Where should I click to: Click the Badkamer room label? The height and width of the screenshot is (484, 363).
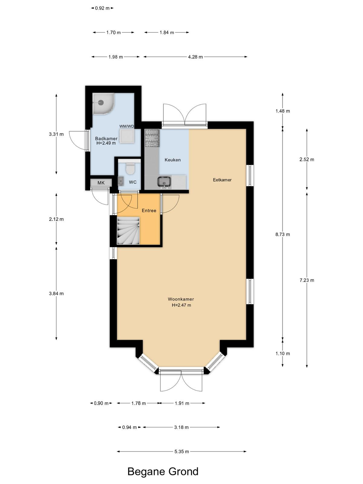[x=106, y=139]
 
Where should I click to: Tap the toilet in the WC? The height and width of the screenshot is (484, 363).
[x=130, y=168]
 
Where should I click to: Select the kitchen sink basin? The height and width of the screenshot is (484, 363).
[x=164, y=182]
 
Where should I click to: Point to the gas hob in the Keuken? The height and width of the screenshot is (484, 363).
[x=152, y=138]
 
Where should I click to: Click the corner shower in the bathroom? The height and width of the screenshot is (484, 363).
[x=103, y=104]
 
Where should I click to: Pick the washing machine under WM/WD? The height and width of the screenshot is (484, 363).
[x=127, y=136]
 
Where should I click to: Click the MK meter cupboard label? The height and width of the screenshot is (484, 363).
[x=101, y=183]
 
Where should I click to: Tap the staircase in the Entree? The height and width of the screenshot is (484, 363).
[x=128, y=231]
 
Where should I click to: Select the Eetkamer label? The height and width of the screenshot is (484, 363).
[x=222, y=180]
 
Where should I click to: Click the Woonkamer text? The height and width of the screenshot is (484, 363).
[x=181, y=299]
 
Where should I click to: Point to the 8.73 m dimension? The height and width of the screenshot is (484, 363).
[x=283, y=234]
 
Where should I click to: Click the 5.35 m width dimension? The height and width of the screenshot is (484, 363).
[x=181, y=451]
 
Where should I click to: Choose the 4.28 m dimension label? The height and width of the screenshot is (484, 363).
[x=195, y=57]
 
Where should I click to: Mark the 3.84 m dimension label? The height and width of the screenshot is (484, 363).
[x=56, y=293]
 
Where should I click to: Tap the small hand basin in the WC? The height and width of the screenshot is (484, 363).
[x=121, y=181]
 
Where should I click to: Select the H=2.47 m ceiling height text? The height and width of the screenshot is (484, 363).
[x=181, y=305]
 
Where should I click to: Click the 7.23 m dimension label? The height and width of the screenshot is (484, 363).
[x=307, y=280]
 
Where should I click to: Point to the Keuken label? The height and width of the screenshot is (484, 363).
[x=172, y=160]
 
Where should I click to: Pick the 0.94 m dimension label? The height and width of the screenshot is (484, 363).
[x=129, y=427]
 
